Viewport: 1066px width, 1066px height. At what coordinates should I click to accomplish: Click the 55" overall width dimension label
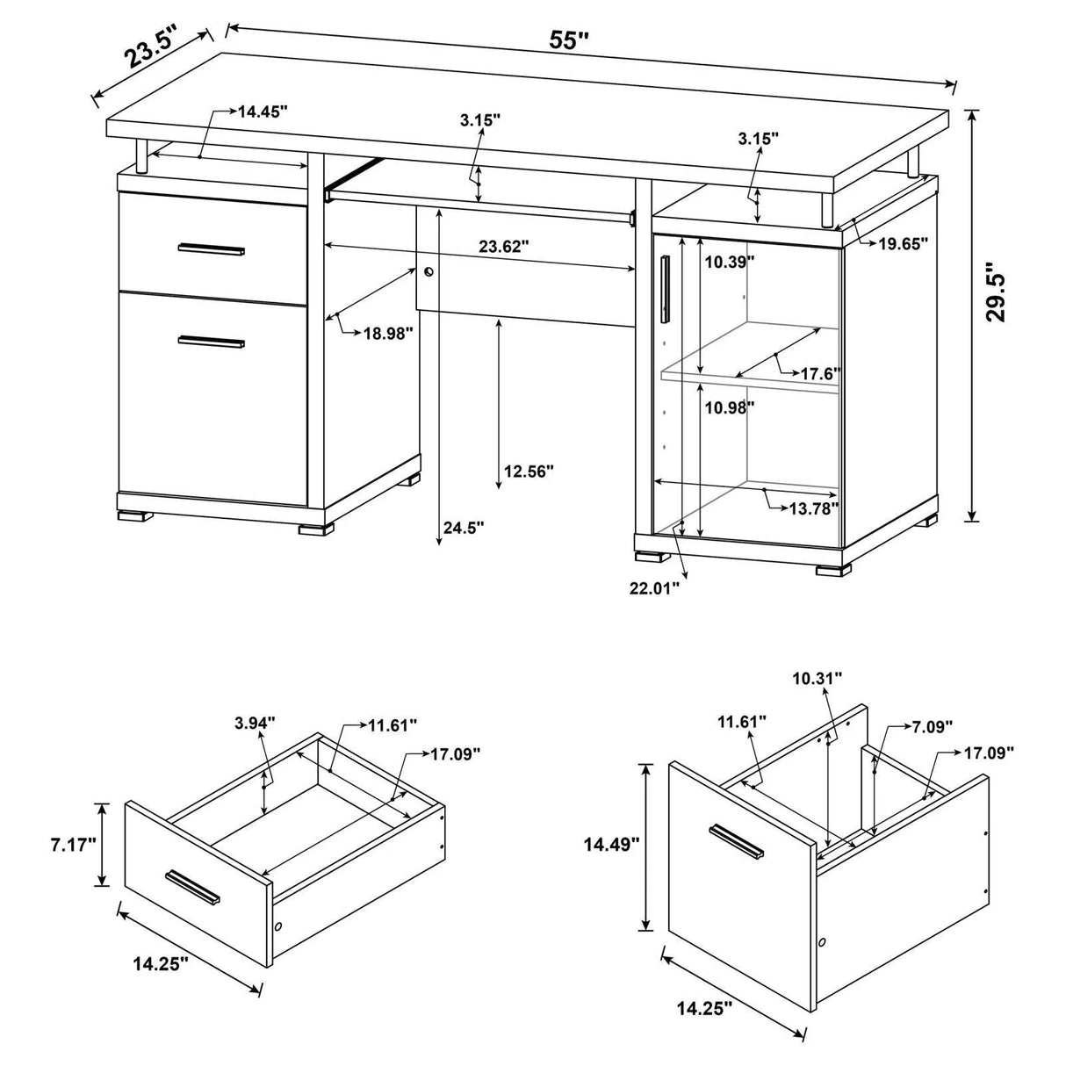569,40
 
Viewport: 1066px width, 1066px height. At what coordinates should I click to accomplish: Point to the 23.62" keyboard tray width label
504,247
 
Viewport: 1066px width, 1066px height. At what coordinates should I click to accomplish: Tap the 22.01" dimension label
654,588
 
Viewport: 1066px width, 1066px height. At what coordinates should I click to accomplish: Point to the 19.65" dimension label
904,245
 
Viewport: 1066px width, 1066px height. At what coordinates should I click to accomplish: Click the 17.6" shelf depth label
820,373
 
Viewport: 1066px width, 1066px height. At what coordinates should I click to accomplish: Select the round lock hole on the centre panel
429,272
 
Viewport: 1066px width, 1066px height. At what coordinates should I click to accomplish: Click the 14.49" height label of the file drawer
611,845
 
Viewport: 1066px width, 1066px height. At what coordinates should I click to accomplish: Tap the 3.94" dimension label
255,723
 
